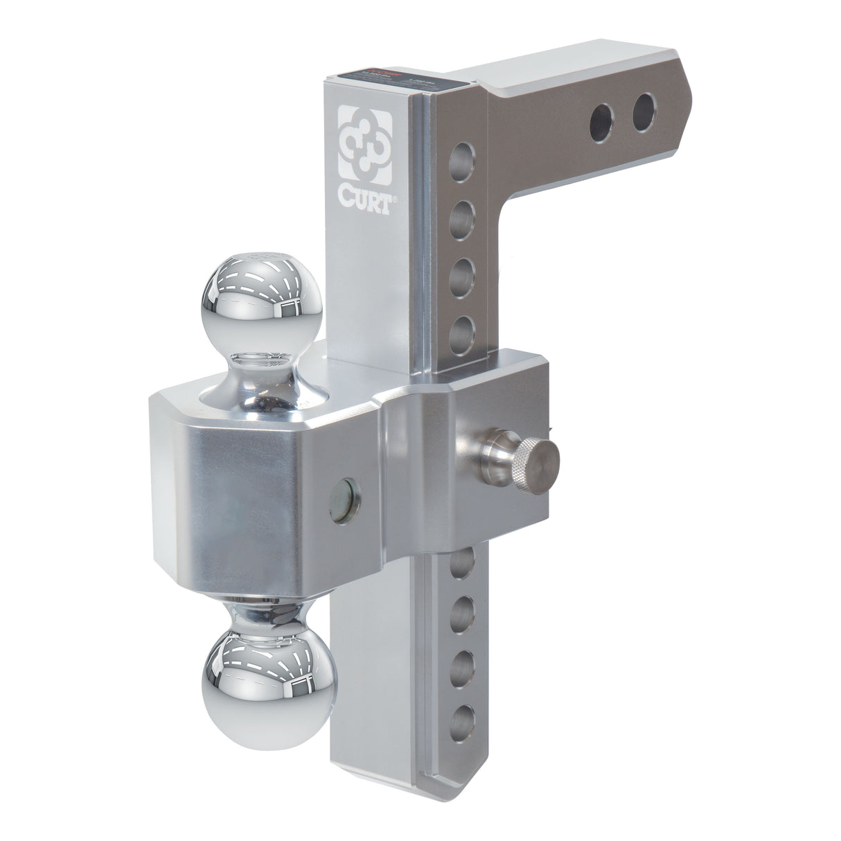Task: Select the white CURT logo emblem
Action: [x=364, y=139]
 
